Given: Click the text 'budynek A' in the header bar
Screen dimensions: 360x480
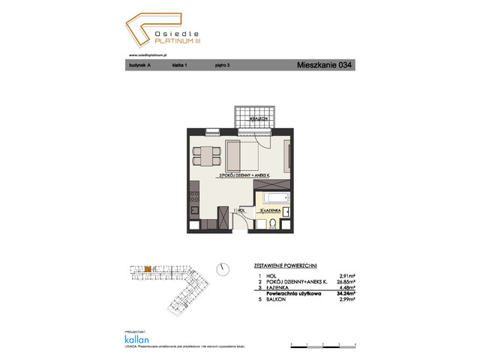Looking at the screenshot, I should (139, 66).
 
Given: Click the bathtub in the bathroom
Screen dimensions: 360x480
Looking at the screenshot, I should (273, 199).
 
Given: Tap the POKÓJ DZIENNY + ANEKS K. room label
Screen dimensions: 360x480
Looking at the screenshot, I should (244, 175).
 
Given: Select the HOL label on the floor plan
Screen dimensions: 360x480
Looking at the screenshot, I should (240, 211).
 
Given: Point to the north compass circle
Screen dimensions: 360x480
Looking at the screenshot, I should (223, 268).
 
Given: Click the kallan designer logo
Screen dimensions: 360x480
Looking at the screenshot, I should (136, 337).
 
